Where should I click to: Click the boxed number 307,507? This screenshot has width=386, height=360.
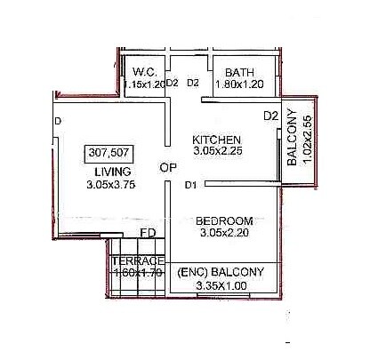click(106, 152)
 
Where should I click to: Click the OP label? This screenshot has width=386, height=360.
click(168, 167)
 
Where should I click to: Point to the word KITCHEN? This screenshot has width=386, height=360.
click(217, 140)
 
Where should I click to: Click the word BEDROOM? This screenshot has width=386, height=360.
click(224, 220)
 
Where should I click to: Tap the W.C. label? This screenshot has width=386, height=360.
click(144, 72)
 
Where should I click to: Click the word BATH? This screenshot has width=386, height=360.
click(240, 72)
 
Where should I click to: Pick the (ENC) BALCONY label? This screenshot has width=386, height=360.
click(221, 271)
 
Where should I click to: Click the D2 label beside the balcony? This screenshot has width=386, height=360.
click(271, 116)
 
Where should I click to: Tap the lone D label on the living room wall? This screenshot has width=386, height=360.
click(56, 121)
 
